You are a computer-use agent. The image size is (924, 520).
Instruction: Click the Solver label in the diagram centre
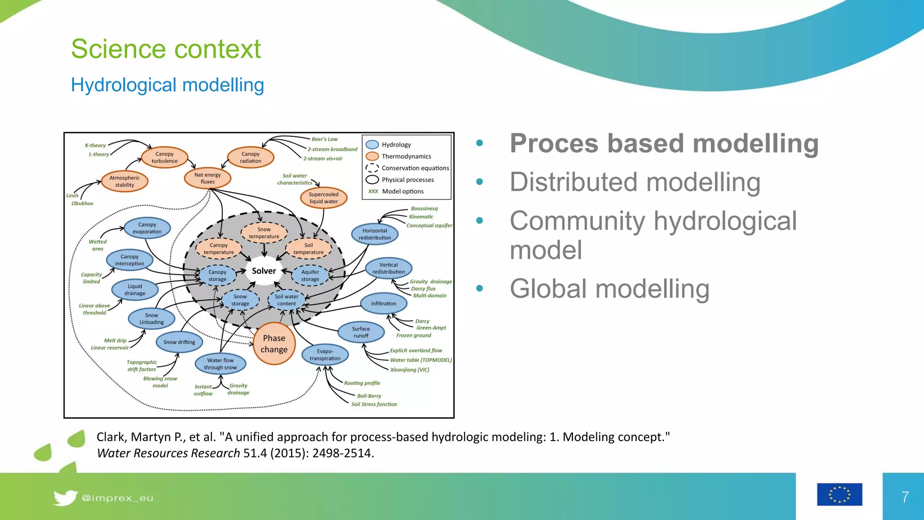(264, 271)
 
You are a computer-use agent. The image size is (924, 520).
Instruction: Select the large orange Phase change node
(274, 344)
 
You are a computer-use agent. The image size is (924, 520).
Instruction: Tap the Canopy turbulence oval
(164, 157)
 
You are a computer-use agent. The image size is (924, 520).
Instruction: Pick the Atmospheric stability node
(125, 181)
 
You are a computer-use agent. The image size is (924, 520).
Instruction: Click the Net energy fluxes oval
(208, 178)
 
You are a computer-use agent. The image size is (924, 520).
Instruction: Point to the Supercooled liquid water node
(323, 198)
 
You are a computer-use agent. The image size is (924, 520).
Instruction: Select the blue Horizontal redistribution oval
(374, 234)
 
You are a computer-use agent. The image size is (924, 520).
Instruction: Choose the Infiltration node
(383, 303)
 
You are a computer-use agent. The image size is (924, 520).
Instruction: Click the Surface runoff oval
(361, 332)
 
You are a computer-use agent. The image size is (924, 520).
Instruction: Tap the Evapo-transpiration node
(325, 355)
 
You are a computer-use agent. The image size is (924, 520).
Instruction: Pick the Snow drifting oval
(179, 342)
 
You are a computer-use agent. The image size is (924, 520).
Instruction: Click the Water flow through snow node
(220, 364)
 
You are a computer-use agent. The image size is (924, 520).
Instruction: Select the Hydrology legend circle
(372, 144)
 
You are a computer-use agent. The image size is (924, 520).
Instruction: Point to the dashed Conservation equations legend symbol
(372, 168)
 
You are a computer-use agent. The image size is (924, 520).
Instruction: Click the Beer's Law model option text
(324, 139)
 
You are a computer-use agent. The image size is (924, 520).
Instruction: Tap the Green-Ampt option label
(431, 328)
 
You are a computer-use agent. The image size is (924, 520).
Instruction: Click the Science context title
(166, 49)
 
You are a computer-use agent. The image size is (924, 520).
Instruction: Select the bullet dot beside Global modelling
(480, 288)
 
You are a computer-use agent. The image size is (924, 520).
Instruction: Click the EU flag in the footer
(839, 494)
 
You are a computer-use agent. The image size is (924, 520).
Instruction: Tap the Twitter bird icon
(65, 498)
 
